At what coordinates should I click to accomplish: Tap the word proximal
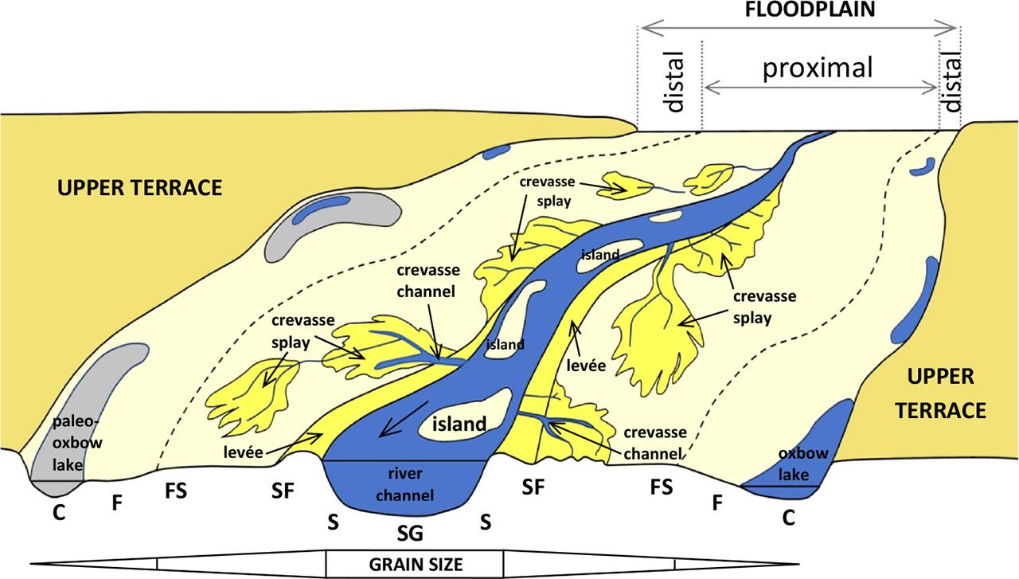(x=818, y=68)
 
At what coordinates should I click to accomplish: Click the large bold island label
(x=458, y=424)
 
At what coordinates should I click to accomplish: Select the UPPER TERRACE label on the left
(x=139, y=188)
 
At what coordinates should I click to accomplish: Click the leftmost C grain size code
(x=58, y=513)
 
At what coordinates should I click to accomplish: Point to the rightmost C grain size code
(x=787, y=518)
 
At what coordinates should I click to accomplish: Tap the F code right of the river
(x=716, y=503)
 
